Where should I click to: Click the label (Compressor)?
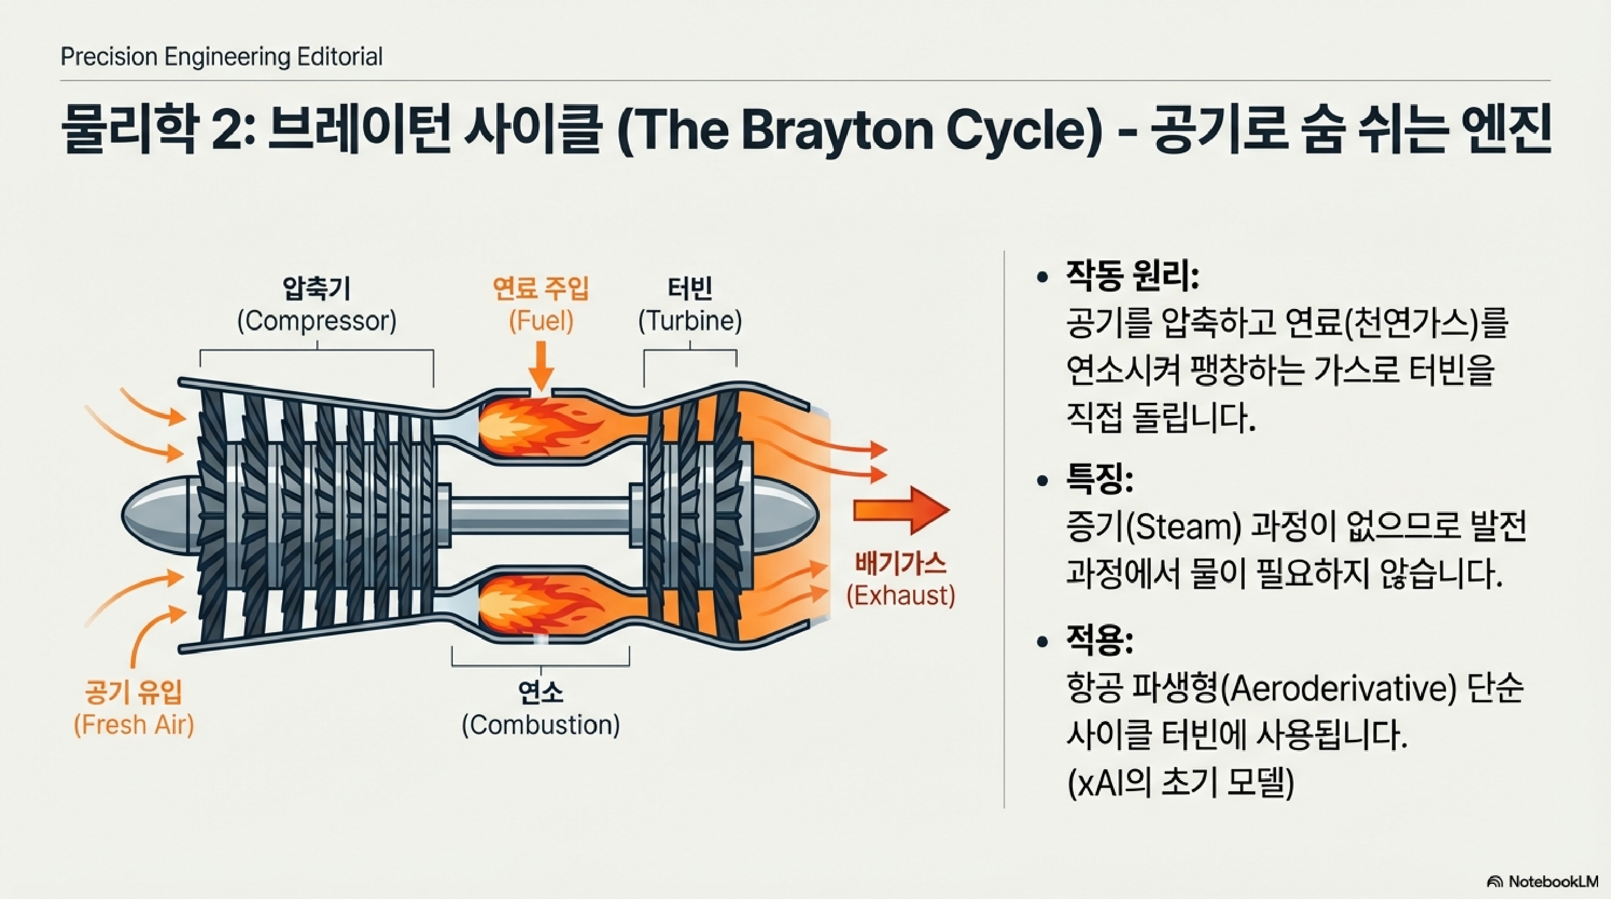coord(316,321)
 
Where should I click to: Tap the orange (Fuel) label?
coord(541,321)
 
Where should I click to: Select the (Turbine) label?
coord(690,321)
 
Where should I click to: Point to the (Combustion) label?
coord(541,725)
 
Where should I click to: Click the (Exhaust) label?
coord(901,596)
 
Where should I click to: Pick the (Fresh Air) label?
coord(134,725)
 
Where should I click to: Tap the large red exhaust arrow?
coord(901,511)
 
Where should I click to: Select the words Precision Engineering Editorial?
coord(221,57)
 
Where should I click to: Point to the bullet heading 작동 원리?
coord(1132,276)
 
